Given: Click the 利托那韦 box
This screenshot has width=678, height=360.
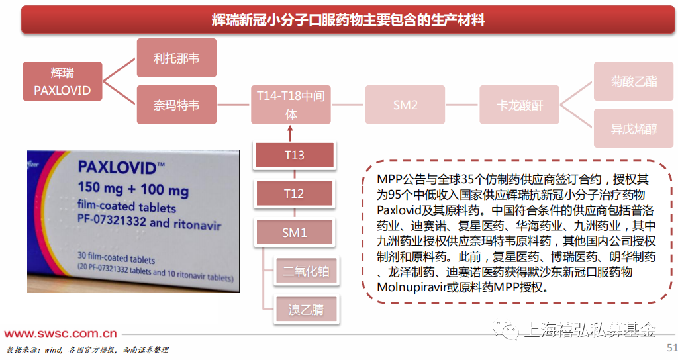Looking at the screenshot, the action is pos(176,58).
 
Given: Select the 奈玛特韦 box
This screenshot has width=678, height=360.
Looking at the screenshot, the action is pos(176,105).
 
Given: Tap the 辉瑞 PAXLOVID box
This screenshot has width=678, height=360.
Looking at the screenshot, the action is pos(62,81).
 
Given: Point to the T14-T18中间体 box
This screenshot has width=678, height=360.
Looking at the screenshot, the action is pos(291,105).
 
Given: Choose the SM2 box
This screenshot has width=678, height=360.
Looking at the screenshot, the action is pos(405,105).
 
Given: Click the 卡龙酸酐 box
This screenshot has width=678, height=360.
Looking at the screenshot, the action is pos(519,105).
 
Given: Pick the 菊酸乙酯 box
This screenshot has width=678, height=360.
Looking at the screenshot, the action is pos(634,81).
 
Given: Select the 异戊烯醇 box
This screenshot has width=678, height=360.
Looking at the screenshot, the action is pos(634,128).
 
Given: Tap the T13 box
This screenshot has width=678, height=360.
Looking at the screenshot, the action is pos(295,155).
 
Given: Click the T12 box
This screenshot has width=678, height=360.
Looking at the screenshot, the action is pos(295,193).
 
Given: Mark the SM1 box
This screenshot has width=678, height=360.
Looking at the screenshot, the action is pos(295,232).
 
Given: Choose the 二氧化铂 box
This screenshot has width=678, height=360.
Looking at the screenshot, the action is pos(306,271).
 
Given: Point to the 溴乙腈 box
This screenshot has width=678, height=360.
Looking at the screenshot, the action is pos(306,309).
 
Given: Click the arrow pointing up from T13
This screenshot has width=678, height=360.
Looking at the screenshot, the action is pos(290,133).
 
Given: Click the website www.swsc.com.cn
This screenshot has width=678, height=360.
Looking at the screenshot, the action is pos(60,334).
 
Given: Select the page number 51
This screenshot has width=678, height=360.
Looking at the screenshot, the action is pos(672,347).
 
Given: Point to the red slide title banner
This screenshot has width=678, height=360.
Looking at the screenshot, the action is pos(348,19).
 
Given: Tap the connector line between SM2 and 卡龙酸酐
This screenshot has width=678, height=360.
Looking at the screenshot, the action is pos(462,105).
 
